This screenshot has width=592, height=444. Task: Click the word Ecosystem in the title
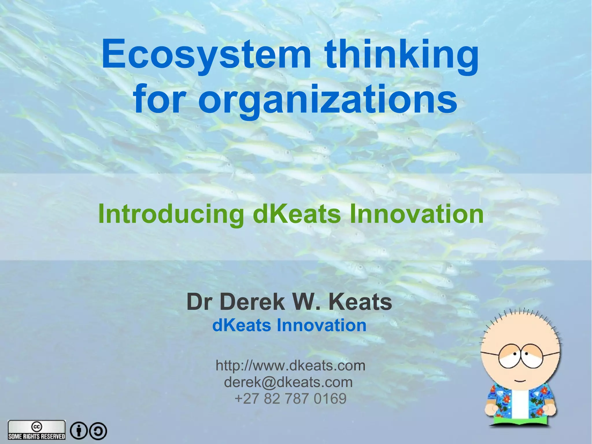pyautogui.click(x=206, y=55)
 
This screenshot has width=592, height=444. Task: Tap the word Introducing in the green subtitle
pyautogui.click(x=171, y=214)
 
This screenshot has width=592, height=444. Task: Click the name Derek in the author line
pyautogui.click(x=252, y=302)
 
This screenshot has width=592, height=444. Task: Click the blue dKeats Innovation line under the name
pyautogui.click(x=289, y=325)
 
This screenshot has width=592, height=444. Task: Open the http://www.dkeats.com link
pyautogui.click(x=291, y=366)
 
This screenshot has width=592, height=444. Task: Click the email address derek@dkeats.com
pyautogui.click(x=288, y=382)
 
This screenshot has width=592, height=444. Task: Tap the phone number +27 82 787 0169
pyautogui.click(x=291, y=398)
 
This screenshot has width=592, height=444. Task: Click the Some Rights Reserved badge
pyautogui.click(x=37, y=430)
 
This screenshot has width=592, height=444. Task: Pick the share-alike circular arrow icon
pyautogui.click(x=98, y=431)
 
